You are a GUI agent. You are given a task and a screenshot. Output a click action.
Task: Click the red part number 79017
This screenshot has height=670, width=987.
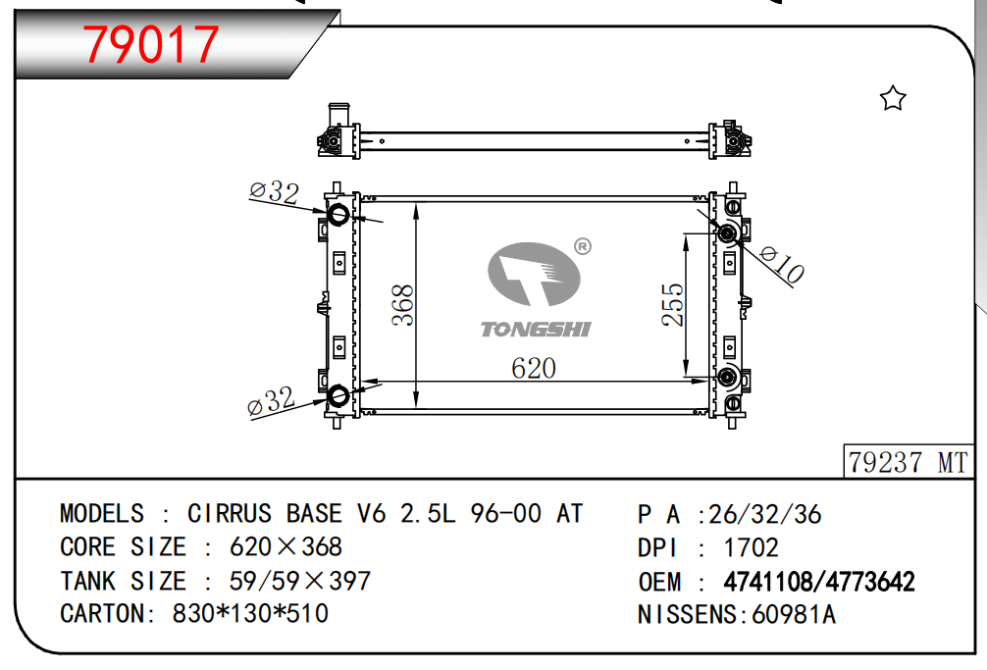[151, 44]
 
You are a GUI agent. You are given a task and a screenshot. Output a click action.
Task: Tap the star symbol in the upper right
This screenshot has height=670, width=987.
[893, 98]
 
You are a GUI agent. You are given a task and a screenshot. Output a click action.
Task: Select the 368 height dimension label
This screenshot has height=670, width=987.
[403, 305]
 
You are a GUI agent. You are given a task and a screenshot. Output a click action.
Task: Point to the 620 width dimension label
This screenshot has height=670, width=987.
[534, 368]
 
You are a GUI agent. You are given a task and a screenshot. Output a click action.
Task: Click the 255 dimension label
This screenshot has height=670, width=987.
[672, 304]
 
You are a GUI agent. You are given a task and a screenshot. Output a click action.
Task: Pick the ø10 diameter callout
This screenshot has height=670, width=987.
[782, 264]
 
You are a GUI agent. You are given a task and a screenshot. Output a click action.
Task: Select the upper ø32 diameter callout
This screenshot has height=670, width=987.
[274, 192]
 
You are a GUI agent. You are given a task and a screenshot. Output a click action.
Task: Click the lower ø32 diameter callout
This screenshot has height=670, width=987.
[272, 401]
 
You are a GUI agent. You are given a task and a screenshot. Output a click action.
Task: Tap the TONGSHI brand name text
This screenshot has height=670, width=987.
[536, 329]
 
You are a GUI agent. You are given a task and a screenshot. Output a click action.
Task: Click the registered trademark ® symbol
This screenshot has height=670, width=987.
[583, 246]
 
